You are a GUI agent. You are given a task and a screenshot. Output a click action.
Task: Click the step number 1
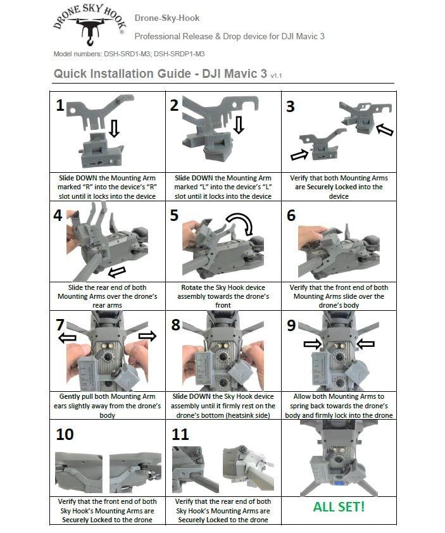60,106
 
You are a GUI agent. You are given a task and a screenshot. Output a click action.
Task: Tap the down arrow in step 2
239,124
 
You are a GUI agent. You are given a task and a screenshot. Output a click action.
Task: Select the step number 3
291,106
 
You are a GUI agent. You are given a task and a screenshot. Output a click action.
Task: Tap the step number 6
291,215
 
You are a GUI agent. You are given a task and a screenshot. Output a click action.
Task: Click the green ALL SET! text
338,507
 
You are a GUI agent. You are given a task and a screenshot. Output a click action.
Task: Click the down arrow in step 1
114,130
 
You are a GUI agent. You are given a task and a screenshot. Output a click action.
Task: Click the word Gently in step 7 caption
64,396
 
